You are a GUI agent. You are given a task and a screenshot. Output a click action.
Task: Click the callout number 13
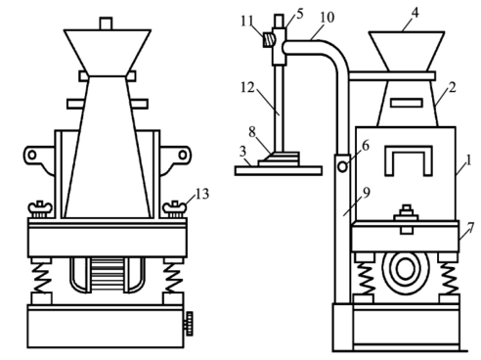(x=202, y=194)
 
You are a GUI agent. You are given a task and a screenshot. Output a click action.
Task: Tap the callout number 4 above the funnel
(x=415, y=13)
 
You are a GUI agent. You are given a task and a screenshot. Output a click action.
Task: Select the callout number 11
(x=247, y=22)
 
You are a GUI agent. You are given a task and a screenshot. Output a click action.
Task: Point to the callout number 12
(x=247, y=87)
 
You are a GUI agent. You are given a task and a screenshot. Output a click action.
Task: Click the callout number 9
(x=367, y=193)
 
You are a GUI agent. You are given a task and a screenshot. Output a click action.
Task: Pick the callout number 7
(x=470, y=228)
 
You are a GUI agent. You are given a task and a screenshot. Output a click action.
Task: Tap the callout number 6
(x=366, y=146)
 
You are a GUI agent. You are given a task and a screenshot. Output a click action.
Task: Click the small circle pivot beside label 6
(x=342, y=167)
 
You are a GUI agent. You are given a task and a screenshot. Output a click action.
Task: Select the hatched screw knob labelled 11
(x=269, y=40)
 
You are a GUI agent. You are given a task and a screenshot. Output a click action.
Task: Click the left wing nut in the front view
(x=40, y=209)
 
